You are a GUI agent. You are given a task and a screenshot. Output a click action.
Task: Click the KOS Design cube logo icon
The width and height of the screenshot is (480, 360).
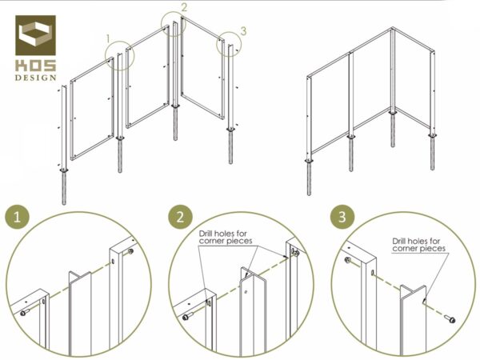[35, 35]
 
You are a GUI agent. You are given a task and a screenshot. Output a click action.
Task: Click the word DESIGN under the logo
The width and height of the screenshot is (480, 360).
[36, 78]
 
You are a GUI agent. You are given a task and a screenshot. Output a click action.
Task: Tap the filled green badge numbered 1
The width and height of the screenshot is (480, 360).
[17, 217]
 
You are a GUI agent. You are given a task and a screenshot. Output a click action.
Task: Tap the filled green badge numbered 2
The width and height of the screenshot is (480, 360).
[180, 217]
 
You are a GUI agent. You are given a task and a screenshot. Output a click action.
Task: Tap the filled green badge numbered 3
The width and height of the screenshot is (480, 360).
[342, 217]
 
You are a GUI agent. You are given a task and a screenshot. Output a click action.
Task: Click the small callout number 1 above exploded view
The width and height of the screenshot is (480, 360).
[108, 39]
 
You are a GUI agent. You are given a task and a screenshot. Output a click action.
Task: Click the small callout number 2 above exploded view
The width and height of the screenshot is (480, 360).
[184, 7]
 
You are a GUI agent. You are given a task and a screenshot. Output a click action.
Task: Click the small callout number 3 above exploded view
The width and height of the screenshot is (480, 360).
[243, 31]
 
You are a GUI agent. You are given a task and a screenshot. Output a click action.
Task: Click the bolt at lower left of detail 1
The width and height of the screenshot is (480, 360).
[25, 313]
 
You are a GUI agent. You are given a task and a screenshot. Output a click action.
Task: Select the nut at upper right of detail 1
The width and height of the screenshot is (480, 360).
[130, 251]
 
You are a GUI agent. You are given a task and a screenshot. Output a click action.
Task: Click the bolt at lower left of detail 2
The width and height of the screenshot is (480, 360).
[188, 317]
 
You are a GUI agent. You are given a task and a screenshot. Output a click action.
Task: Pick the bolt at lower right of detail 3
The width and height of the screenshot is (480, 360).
[450, 319]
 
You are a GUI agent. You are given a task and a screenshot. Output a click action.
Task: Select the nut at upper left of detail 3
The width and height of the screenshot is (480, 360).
[347, 260]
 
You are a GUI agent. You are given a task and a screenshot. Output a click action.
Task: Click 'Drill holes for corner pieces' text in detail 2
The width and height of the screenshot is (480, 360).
[226, 238]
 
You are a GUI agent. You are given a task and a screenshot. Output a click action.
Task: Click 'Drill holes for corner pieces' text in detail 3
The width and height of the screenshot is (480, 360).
[418, 245]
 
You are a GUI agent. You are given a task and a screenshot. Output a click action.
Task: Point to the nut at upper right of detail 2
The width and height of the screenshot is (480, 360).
[295, 253]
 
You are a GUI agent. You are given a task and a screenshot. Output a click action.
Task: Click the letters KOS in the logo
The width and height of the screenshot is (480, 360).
[36, 66]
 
